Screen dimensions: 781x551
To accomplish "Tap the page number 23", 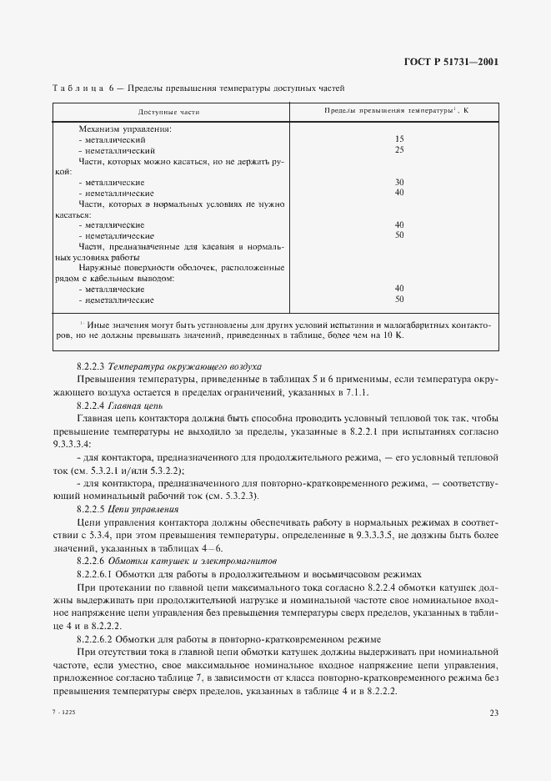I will tap(493, 712).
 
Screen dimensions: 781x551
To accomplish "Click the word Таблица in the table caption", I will tap(78, 87).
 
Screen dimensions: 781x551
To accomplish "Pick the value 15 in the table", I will tap(399, 139).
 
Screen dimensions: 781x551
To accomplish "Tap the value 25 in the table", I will tap(399, 149).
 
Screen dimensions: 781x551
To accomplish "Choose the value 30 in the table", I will tap(399, 182).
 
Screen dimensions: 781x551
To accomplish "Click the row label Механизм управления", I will tap(125, 128).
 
